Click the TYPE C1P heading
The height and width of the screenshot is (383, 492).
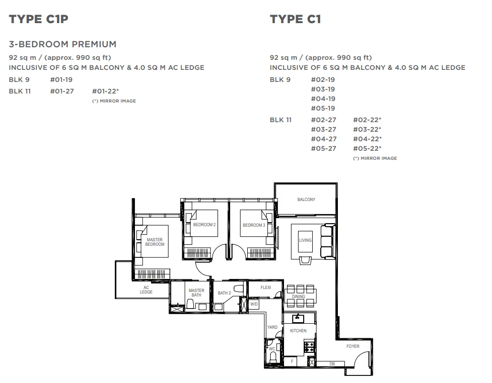pos(39,19)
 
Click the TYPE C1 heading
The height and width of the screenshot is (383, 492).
pos(295,19)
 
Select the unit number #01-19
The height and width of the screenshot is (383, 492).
pos(61,79)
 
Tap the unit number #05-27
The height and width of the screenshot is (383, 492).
pos(323,148)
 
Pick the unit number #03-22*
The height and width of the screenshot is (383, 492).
pos(367,129)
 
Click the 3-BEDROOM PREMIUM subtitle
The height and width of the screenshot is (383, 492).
pos(62,44)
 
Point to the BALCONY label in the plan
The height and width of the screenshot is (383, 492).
pos(306,200)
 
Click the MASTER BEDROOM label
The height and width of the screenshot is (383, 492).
pos(155,242)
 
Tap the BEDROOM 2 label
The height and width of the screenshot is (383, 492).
pos(204,225)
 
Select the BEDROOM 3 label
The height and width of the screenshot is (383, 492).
pos(254,225)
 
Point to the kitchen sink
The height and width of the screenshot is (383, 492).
pos(298,319)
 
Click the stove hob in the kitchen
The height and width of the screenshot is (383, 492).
pos(309,347)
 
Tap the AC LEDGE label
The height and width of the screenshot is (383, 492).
pos(146,290)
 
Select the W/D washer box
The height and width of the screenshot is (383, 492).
pos(254,304)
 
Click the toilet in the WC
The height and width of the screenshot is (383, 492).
pos(273,357)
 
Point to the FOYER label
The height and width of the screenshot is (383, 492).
pos(353,346)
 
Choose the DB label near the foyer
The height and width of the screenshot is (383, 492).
pos(332,364)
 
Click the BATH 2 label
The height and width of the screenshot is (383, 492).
pos(225,293)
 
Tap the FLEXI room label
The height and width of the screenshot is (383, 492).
pos(266,288)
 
